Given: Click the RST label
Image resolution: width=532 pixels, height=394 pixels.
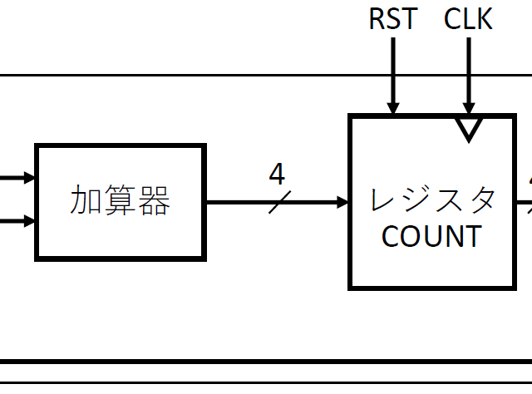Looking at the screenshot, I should pos(393,18).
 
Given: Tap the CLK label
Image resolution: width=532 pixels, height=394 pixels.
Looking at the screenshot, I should pos(468,18).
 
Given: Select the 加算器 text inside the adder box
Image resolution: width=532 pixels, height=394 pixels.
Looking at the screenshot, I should pos(120,201).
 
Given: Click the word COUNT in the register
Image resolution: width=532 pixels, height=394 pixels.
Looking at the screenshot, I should pos(431,236).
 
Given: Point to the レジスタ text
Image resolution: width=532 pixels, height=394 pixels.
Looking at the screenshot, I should pos(433,199).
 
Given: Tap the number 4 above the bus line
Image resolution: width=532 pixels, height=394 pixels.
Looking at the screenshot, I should pos(277,175).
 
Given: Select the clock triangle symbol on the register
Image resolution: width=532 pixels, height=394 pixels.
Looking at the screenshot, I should pos(469,127).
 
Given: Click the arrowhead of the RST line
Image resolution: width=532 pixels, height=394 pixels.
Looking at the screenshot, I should pos(393,108).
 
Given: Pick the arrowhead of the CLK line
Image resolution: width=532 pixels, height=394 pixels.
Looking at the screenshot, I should pos(469,108).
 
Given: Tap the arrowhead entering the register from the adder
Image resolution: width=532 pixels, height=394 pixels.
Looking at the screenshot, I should pos(342,202).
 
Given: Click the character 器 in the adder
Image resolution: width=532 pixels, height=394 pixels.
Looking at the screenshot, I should pos(154,201).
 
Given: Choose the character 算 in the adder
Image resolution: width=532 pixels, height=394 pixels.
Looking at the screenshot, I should pos(120,201).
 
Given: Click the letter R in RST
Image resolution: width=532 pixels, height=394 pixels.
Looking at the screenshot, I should pos(377,18).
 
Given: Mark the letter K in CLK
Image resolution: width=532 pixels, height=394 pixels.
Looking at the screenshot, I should pos(484,18).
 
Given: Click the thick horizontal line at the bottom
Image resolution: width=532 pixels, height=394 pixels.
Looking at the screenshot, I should pos(266,362).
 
